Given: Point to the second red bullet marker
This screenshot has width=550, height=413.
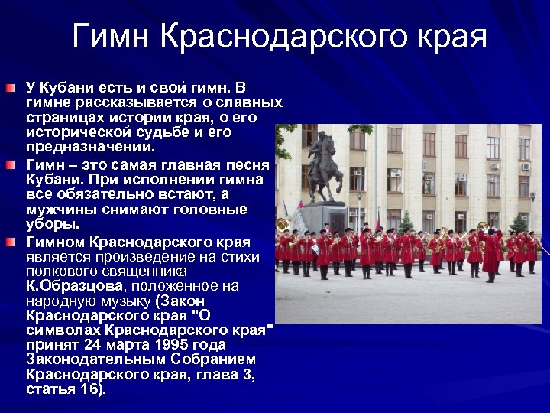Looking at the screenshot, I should (x=9, y=165).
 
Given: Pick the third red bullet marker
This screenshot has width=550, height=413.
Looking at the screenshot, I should (x=9, y=242).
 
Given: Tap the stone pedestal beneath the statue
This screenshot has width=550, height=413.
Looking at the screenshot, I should (x=325, y=215).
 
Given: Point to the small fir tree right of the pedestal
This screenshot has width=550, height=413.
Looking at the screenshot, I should (x=406, y=223).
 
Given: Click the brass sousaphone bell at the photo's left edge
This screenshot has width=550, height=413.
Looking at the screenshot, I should (x=282, y=226).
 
